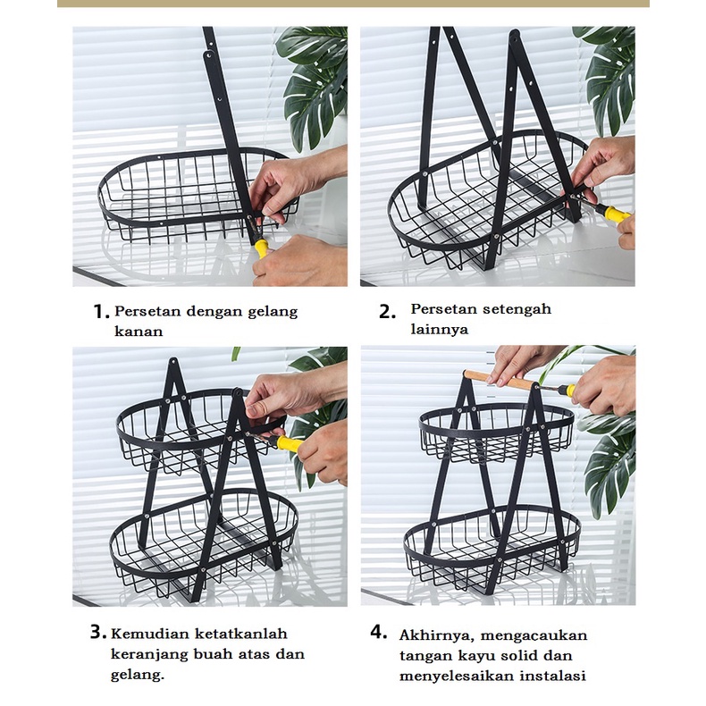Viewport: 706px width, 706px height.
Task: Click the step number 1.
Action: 101,312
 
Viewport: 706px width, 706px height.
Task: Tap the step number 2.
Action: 387,312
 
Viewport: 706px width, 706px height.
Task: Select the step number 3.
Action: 98,632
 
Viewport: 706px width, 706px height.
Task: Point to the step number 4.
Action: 379,632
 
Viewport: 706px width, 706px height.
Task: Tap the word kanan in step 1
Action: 139,332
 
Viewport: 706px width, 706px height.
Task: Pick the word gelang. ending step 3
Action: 138,675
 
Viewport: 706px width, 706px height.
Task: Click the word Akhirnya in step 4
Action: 436,635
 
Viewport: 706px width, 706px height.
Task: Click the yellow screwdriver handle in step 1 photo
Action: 261,248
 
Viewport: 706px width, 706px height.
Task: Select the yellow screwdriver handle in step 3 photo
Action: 290,443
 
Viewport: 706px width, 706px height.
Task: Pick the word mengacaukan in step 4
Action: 534,635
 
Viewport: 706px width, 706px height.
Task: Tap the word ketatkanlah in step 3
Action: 241,634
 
